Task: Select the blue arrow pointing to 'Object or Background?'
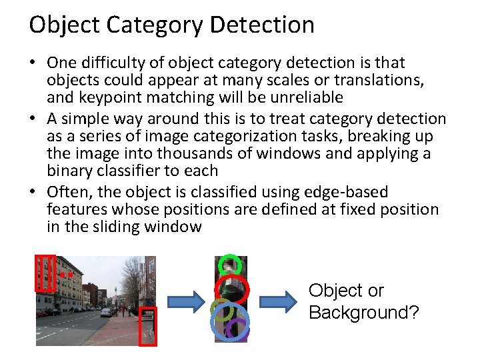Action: click(277, 301)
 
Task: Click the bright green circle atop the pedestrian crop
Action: click(230, 264)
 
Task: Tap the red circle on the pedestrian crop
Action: click(231, 289)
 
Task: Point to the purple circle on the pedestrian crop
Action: click(237, 327)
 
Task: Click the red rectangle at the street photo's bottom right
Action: click(147, 327)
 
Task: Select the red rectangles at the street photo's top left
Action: click(45, 273)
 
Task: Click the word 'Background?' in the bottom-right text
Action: click(363, 313)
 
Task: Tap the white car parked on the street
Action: click(106, 312)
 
